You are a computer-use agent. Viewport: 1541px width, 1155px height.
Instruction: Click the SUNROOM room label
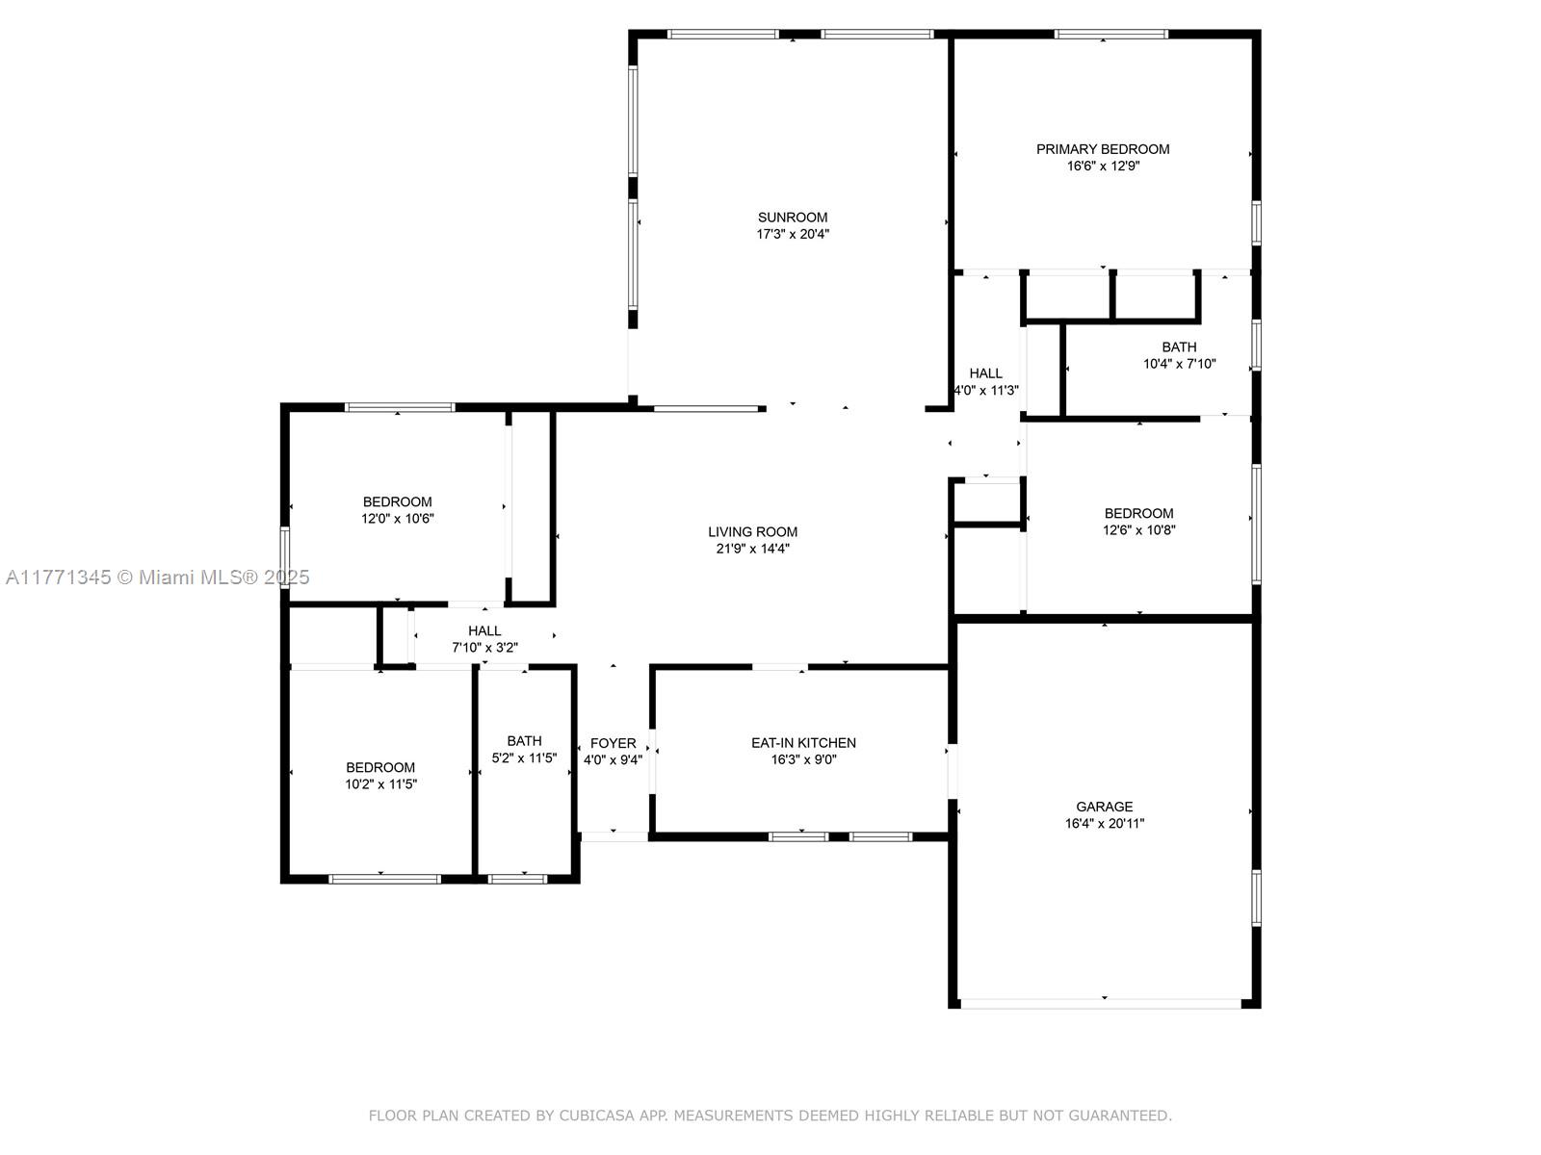pyautogui.click(x=792, y=218)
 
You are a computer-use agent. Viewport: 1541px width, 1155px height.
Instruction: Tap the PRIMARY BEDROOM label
pyautogui.click(x=1102, y=149)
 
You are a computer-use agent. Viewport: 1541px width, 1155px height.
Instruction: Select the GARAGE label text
pyautogui.click(x=1104, y=807)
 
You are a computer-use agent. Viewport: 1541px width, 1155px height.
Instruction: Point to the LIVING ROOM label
pyautogui.click(x=752, y=531)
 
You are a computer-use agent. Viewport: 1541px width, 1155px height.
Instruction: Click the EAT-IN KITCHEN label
pyautogui.click(x=803, y=743)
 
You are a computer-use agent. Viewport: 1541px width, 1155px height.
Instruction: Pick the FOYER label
pyautogui.click(x=613, y=743)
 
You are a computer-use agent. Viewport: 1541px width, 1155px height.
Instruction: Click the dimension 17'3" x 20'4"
pyautogui.click(x=792, y=234)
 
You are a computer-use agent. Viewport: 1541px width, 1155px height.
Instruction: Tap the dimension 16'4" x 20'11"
pyautogui.click(x=1104, y=823)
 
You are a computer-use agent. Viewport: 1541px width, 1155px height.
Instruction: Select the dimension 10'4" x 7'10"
pyautogui.click(x=1179, y=364)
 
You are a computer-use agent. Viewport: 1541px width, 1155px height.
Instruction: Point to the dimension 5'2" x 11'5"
pyautogui.click(x=524, y=758)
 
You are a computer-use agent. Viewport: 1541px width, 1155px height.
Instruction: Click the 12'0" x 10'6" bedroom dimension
pyautogui.click(x=398, y=519)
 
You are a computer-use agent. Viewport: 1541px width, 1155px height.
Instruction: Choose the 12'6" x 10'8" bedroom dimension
pyautogui.click(x=1138, y=530)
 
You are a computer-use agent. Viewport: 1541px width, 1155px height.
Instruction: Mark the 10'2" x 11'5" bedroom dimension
pyautogui.click(x=380, y=784)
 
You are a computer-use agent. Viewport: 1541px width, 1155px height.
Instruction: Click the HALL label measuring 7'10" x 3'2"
pyautogui.click(x=484, y=631)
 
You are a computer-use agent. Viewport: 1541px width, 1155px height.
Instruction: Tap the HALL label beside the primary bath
pyautogui.click(x=985, y=373)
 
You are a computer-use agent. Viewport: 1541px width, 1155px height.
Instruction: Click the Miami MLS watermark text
pyautogui.click(x=158, y=577)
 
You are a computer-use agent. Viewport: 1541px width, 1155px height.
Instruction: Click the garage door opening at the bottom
pyautogui.click(x=1100, y=1004)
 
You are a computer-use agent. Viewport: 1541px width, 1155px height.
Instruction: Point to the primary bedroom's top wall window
pyautogui.click(x=1110, y=35)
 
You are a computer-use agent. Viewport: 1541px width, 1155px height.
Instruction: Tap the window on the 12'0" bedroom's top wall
pyautogui.click(x=400, y=407)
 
